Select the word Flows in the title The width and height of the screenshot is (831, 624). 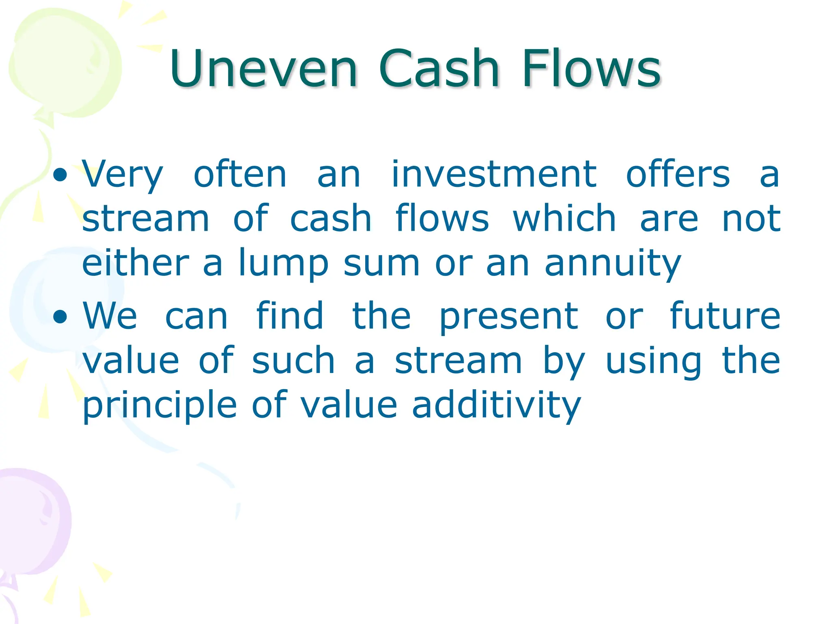592,69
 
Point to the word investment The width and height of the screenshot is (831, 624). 493,175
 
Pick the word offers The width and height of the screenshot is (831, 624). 678,175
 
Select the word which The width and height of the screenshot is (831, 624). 564,219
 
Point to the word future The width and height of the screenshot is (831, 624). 725,316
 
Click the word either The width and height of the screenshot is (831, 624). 136,263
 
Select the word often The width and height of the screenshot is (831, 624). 240,175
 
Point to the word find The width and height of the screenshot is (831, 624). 290,316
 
